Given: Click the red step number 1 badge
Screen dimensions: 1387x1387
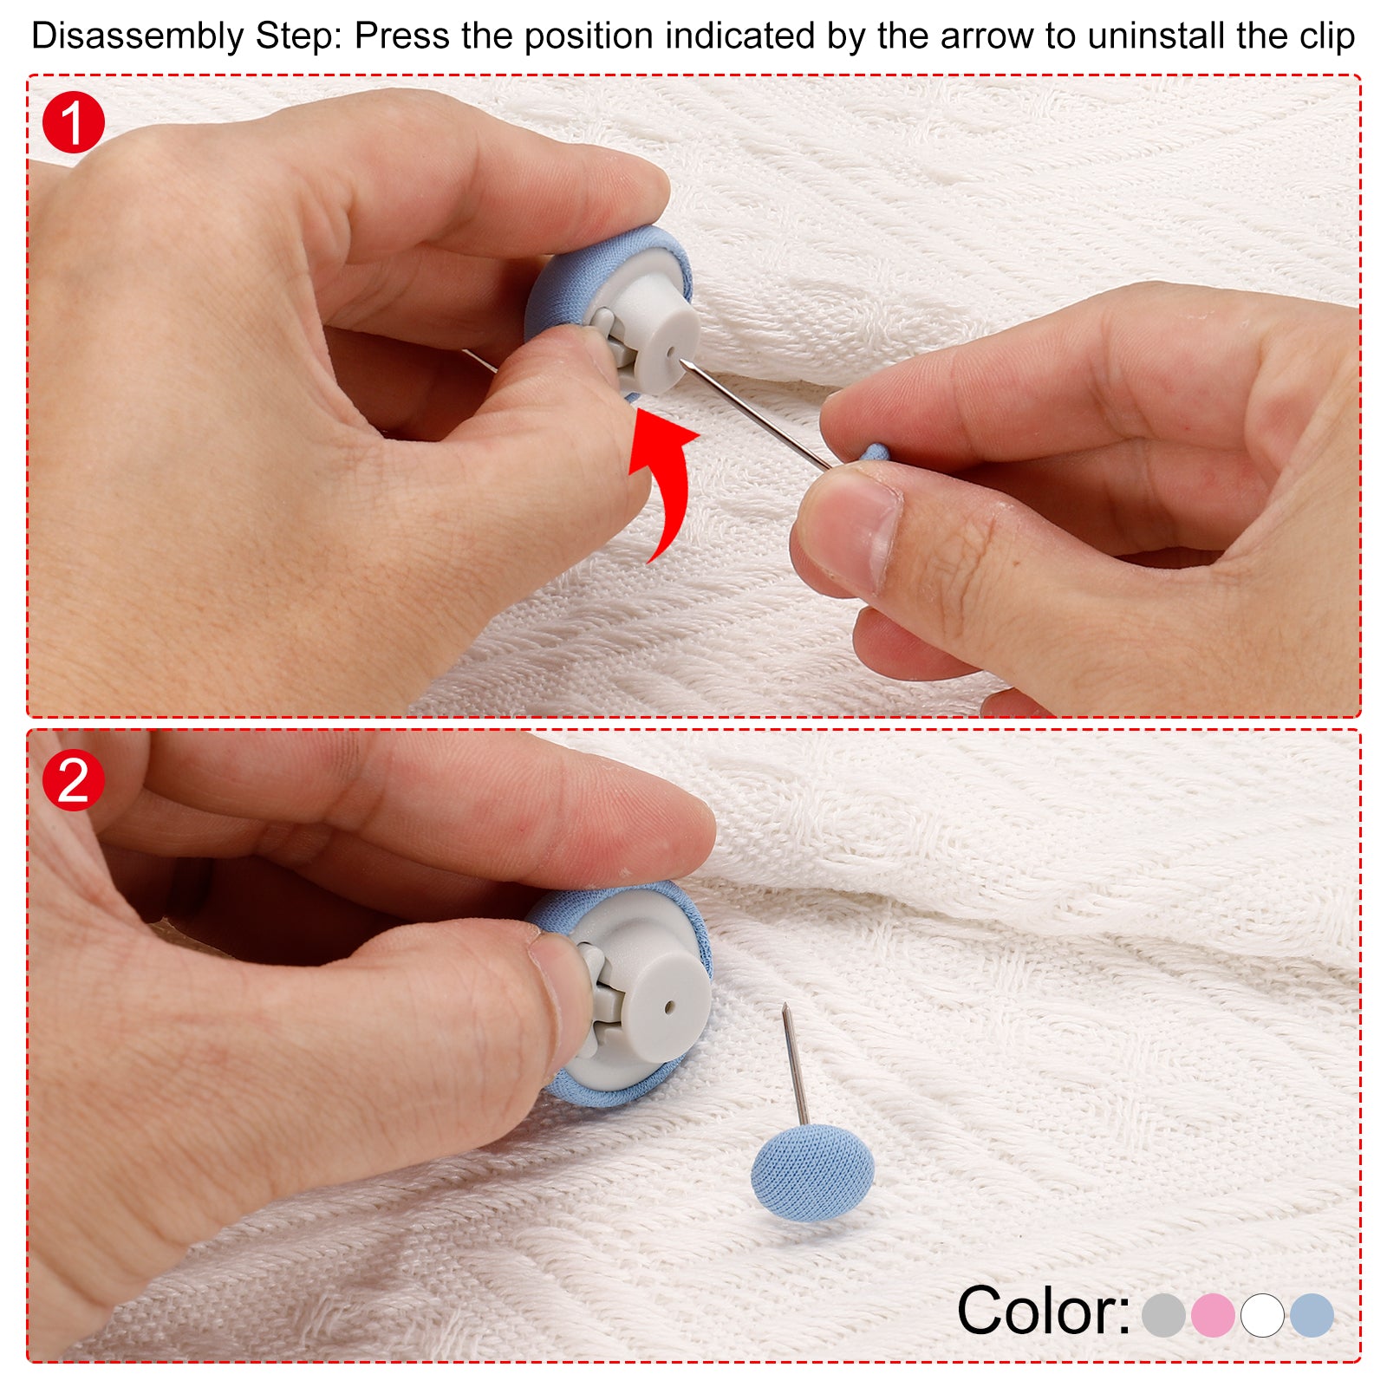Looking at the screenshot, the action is pyautogui.click(x=74, y=122).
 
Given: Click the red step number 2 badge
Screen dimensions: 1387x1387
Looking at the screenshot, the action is pyautogui.click(x=74, y=779).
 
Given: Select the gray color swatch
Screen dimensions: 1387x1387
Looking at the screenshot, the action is pyautogui.click(x=1163, y=1315).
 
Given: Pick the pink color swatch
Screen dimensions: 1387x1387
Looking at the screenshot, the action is pyautogui.click(x=1213, y=1315).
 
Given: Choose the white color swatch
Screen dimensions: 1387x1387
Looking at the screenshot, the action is pyautogui.click(x=1262, y=1315).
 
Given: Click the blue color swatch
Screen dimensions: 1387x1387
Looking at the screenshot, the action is pyautogui.click(x=1312, y=1315).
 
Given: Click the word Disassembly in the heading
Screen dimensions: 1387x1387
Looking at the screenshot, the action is pyautogui.click(x=137, y=36).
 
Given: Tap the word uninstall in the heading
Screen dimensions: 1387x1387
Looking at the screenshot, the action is pyautogui.click(x=1157, y=36).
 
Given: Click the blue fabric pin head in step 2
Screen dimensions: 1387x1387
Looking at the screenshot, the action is pyautogui.click(x=812, y=1172).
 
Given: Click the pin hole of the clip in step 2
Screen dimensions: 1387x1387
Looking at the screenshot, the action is pyautogui.click(x=669, y=1007).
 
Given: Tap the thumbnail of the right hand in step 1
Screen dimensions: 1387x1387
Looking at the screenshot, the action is pyautogui.click(x=854, y=529).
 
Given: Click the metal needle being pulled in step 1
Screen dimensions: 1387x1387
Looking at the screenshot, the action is pyautogui.click(x=754, y=414).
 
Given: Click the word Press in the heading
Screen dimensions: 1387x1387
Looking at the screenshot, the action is pyautogui.click(x=400, y=36).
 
